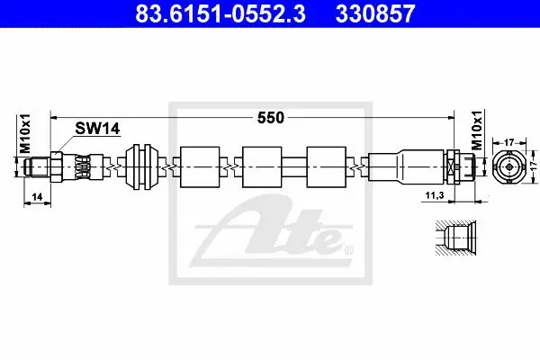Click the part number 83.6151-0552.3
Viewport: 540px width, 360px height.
[220, 13]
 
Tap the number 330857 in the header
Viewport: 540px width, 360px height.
[375, 13]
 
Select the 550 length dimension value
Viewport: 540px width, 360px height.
[271, 118]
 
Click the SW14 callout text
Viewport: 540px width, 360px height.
[97, 129]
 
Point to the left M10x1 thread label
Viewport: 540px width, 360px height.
[25, 133]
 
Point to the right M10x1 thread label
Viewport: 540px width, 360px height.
[477, 130]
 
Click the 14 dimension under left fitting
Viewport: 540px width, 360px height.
[37, 197]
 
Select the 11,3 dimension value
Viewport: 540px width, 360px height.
[435, 195]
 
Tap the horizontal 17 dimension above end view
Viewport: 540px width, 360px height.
[509, 142]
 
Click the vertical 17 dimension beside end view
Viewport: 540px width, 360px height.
[534, 166]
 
